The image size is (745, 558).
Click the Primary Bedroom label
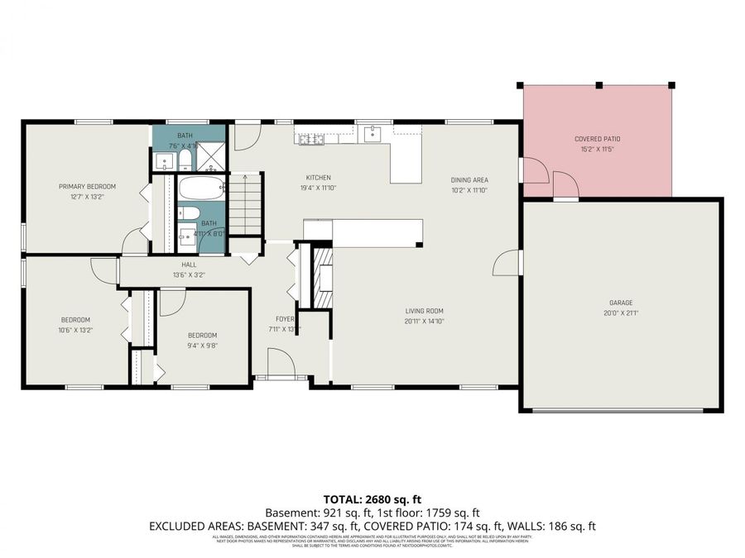(x=87, y=186)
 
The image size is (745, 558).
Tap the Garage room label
(x=621, y=303)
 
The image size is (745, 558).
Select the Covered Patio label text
(x=597, y=139)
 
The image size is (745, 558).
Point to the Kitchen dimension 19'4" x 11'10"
(x=319, y=188)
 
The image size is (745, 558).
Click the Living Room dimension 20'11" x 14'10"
(x=425, y=322)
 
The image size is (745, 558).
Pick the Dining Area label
(x=469, y=179)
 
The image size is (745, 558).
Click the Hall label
(x=190, y=265)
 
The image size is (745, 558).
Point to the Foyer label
(x=285, y=318)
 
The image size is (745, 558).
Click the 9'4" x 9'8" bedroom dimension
(x=202, y=346)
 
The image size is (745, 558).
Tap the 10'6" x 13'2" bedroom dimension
(x=75, y=330)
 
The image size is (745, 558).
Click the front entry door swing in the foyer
(x=280, y=362)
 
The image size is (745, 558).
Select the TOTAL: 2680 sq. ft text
(x=372, y=498)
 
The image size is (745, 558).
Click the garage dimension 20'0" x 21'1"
(x=621, y=312)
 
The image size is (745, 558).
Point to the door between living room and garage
(x=507, y=264)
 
